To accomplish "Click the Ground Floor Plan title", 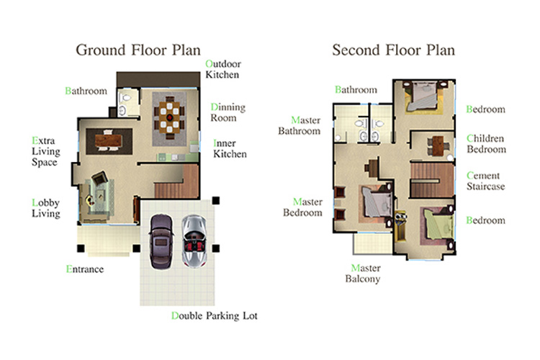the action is pyautogui.click(x=138, y=50).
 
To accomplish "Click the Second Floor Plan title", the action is pyautogui.click(x=393, y=50).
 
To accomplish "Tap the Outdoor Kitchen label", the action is pyautogui.click(x=222, y=69).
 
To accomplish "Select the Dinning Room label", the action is pyautogui.click(x=228, y=112).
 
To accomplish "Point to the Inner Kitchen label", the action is pyautogui.click(x=230, y=148).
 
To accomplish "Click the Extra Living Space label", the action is pyautogui.click(x=46, y=151).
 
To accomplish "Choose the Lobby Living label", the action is pyautogui.click(x=46, y=208).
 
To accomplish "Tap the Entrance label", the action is pyautogui.click(x=85, y=269).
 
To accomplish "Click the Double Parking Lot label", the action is pyautogui.click(x=215, y=316).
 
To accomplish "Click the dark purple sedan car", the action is pyautogui.click(x=161, y=241).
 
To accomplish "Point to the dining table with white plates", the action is pyautogui.click(x=169, y=117).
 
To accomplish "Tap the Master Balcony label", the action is pyautogui.click(x=363, y=273).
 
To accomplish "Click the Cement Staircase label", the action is pyautogui.click(x=485, y=181).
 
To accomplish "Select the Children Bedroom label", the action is pyautogui.click(x=486, y=144).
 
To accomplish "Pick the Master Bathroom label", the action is pyautogui.click(x=300, y=125).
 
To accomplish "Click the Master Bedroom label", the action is pyautogui.click(x=302, y=207).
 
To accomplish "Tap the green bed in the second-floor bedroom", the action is pyautogui.click(x=437, y=225).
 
